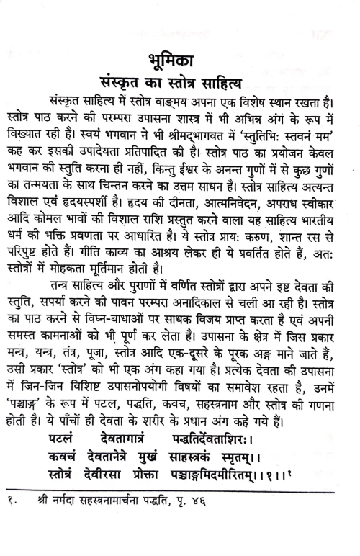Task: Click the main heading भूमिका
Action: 181,58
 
